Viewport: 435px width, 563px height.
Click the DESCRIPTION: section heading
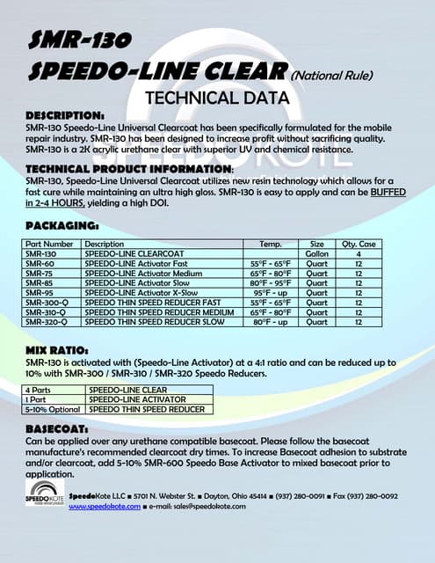coord(66,115)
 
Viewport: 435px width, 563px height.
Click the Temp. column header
coord(271,244)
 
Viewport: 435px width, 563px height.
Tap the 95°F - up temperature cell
coord(271,291)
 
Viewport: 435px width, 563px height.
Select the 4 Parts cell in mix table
coord(40,390)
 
